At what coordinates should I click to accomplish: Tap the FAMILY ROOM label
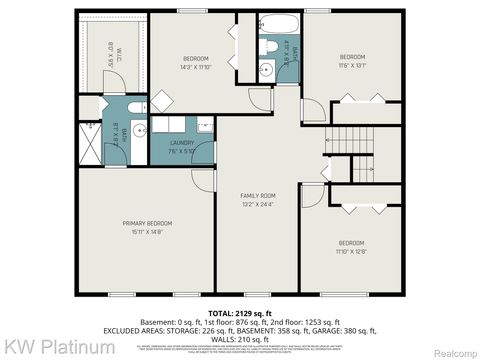(x=257, y=194)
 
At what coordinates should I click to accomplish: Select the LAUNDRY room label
(x=182, y=143)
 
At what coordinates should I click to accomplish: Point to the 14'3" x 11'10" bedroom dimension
(x=195, y=67)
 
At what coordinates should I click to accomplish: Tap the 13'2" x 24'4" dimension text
(x=257, y=204)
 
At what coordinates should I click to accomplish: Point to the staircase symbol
(x=351, y=140)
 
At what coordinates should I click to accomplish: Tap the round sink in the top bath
(x=266, y=69)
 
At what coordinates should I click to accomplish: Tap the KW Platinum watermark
(x=44, y=346)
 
